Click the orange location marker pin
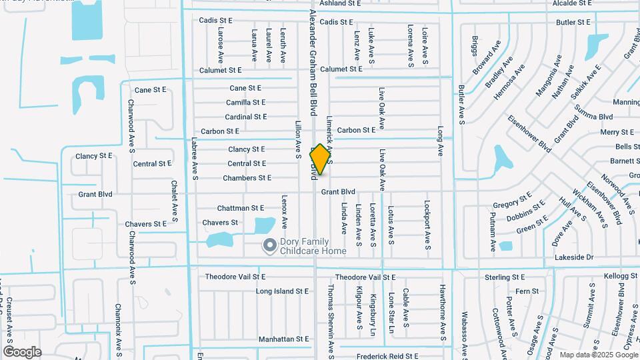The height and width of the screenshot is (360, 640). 321,159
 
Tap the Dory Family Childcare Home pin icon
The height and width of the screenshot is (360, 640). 269,246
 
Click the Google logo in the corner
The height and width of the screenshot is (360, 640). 22,352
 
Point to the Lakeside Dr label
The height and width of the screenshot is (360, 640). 573,257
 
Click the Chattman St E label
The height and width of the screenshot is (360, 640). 241,208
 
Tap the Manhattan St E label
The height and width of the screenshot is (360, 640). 284,339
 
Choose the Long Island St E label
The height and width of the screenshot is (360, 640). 283,291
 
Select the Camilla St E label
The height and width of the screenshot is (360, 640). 246,103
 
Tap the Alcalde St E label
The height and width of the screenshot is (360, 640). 572,3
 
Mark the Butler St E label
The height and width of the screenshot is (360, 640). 573,22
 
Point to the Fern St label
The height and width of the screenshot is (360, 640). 527,291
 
